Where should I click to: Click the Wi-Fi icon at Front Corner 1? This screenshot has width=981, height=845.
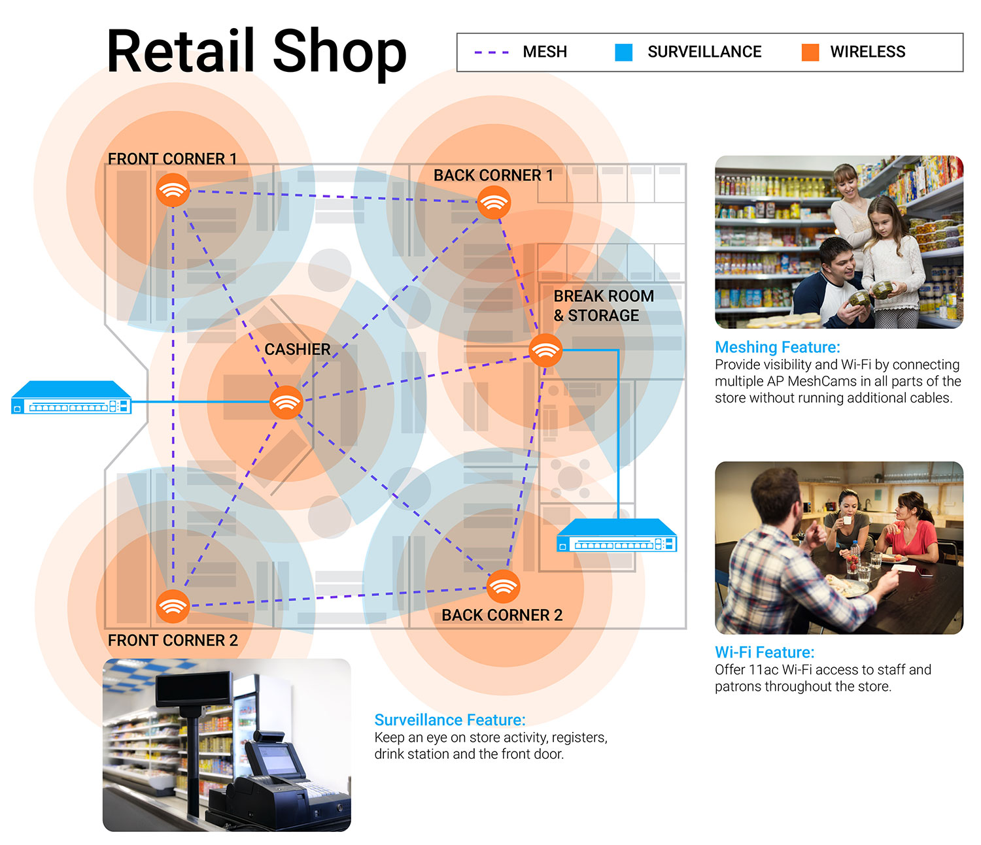(x=173, y=190)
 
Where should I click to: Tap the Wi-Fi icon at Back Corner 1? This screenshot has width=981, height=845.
(x=494, y=203)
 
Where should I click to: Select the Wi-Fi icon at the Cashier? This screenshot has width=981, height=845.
(x=286, y=402)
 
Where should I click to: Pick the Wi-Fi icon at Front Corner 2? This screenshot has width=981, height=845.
(x=173, y=606)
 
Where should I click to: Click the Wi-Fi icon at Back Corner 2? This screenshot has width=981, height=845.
(x=503, y=587)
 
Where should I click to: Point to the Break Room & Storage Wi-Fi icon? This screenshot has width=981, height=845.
(x=545, y=350)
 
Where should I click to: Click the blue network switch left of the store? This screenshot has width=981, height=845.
(x=71, y=397)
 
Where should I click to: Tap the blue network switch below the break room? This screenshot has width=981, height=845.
(x=617, y=535)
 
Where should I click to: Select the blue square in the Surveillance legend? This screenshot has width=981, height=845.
(x=623, y=52)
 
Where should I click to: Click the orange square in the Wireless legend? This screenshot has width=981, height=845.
(x=810, y=52)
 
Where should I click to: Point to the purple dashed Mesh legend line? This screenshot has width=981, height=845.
(x=491, y=52)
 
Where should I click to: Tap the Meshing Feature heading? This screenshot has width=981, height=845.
(x=777, y=347)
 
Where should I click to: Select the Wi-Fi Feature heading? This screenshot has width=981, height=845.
(x=764, y=652)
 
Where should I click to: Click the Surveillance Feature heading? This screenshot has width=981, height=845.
(x=449, y=720)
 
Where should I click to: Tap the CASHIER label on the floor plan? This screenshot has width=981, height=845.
(x=297, y=349)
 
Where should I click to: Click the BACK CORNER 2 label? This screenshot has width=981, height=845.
(x=502, y=615)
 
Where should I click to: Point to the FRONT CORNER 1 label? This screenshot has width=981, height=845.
(x=172, y=159)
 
